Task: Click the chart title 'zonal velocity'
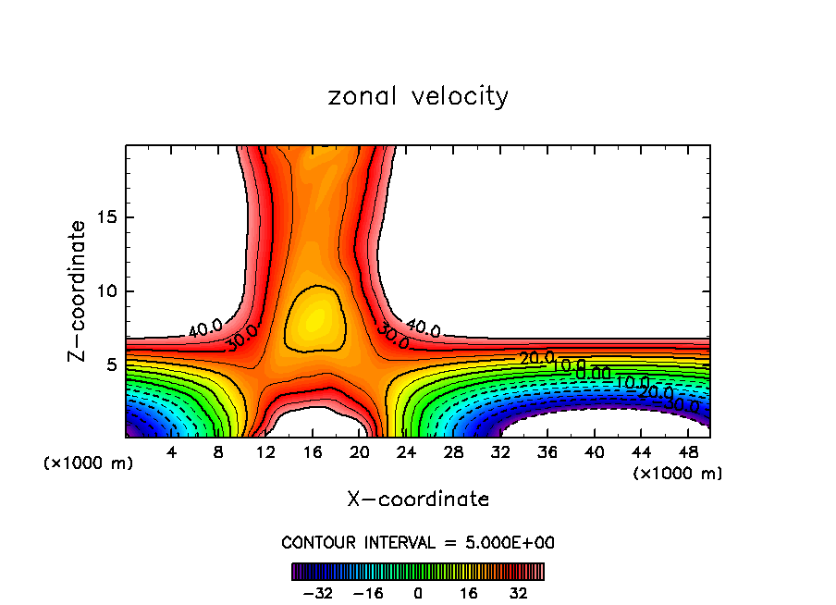click(x=418, y=96)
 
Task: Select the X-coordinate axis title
click(x=418, y=500)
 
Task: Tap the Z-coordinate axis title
click(x=79, y=290)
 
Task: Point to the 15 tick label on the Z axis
click(x=104, y=218)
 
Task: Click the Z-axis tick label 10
click(x=104, y=291)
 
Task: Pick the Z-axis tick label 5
click(x=109, y=364)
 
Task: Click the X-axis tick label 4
click(x=171, y=452)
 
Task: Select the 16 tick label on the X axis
click(x=313, y=452)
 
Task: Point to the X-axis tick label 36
click(x=547, y=452)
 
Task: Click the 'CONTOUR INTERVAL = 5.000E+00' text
click(x=418, y=543)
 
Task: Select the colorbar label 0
click(x=418, y=592)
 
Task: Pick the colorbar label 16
click(x=468, y=592)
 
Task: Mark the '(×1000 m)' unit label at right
click(x=678, y=474)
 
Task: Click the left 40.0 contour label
click(x=205, y=328)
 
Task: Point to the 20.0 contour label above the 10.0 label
click(x=536, y=358)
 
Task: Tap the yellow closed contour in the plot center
click(x=313, y=318)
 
